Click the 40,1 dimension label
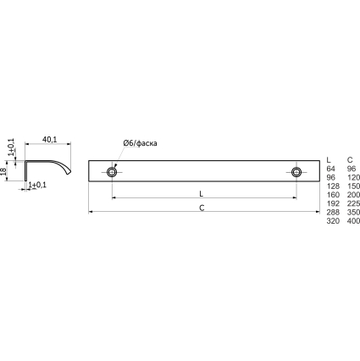[49, 139]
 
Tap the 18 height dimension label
[3, 171]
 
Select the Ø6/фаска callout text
[140, 143]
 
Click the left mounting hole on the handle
[112, 172]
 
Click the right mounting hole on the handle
[296, 172]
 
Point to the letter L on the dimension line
[201, 194]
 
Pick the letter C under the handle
[202, 208]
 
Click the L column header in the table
[329, 160]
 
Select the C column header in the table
[350, 160]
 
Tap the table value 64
[331, 169]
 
